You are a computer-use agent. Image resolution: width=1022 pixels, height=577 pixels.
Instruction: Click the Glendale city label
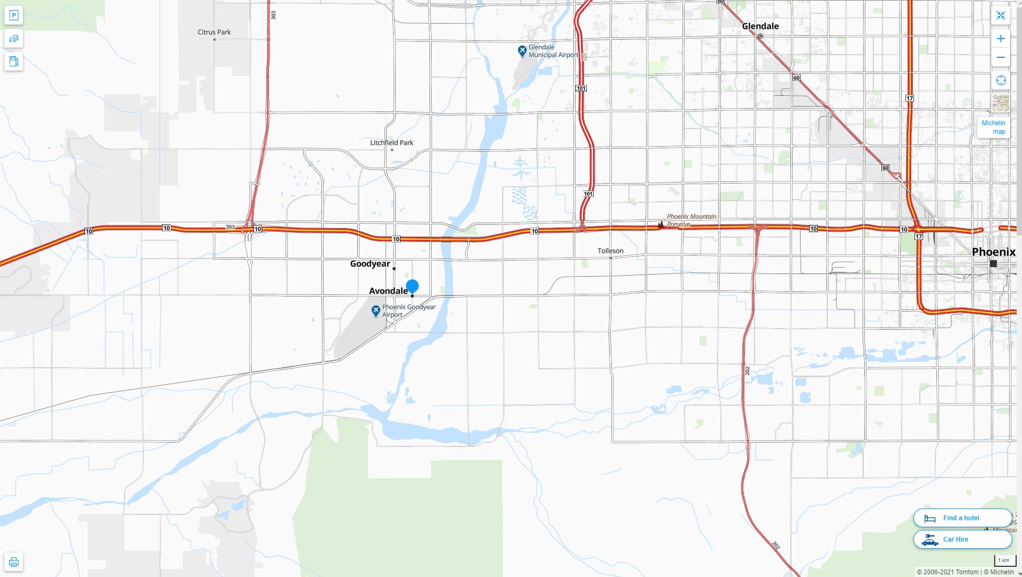pos(760,26)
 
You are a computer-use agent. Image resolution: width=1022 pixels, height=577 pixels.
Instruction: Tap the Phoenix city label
pos(993,252)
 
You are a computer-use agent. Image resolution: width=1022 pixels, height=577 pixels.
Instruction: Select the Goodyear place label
pos(370,264)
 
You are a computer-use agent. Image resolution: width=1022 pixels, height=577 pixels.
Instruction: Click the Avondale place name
pos(388,291)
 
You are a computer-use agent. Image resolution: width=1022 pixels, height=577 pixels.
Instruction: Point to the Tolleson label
pos(610,251)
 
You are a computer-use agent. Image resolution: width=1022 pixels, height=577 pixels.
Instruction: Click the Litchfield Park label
pos(391,143)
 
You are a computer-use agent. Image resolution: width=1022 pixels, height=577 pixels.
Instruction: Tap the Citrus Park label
pos(214,32)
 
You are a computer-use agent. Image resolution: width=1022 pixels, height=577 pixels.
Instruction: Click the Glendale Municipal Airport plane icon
pos(522,51)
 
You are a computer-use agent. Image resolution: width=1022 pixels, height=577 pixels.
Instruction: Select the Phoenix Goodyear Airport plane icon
pos(375,310)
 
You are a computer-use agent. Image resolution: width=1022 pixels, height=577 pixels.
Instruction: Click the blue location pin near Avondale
pos(412,286)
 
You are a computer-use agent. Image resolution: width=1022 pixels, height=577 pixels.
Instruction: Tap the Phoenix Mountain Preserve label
pos(691,220)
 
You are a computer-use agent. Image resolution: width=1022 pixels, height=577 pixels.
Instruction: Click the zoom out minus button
pos(1001,58)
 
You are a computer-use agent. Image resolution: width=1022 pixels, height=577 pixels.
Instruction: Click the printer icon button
pos(14,562)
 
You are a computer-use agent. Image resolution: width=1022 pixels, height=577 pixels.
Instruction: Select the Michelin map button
pos(993,127)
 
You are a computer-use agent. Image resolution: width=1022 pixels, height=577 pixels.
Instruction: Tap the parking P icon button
pos(14,16)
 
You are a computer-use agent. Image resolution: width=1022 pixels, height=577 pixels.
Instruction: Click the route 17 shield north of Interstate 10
pos(910,98)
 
